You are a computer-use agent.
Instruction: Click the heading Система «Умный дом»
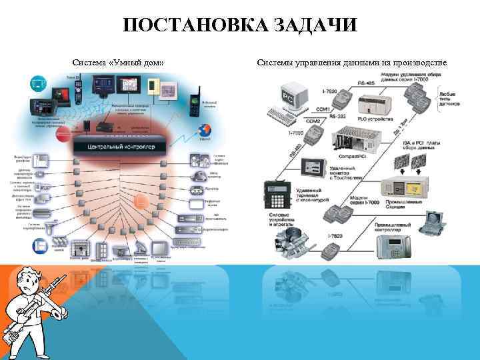[118, 63]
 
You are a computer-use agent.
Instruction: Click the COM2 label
[312, 122]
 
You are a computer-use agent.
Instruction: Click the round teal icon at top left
[38, 84]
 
